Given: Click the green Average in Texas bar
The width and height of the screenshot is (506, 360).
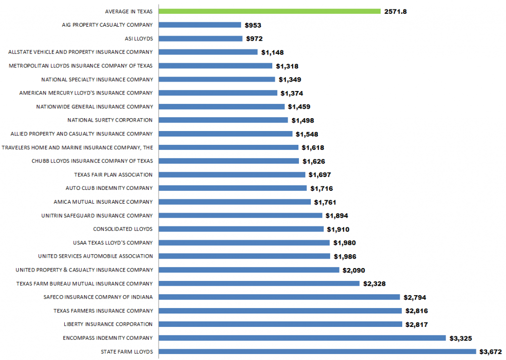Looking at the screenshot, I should coord(269,11).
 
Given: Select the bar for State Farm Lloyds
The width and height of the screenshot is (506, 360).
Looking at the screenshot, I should coord(316,352).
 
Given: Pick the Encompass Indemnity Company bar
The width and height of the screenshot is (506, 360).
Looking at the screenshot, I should coord(301,338).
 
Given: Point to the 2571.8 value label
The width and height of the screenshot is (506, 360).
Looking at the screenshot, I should coord(395,11).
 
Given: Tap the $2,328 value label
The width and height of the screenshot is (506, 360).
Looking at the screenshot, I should coord(374,283).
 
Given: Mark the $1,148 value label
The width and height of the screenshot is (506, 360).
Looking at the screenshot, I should coord(272,52).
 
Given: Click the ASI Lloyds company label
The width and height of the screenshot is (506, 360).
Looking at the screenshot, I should coord(139,38).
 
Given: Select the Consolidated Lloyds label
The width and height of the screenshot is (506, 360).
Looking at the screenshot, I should coord(123,229).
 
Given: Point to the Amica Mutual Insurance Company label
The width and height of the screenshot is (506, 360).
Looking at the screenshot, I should coord(103,202).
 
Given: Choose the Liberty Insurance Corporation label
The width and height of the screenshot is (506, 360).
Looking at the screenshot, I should coord(108,324).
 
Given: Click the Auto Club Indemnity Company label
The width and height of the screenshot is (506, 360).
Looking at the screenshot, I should coord(109,188).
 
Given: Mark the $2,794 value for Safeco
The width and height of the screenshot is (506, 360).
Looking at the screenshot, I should coord(415,297).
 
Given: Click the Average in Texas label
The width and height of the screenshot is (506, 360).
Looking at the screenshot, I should coord(129,11).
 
